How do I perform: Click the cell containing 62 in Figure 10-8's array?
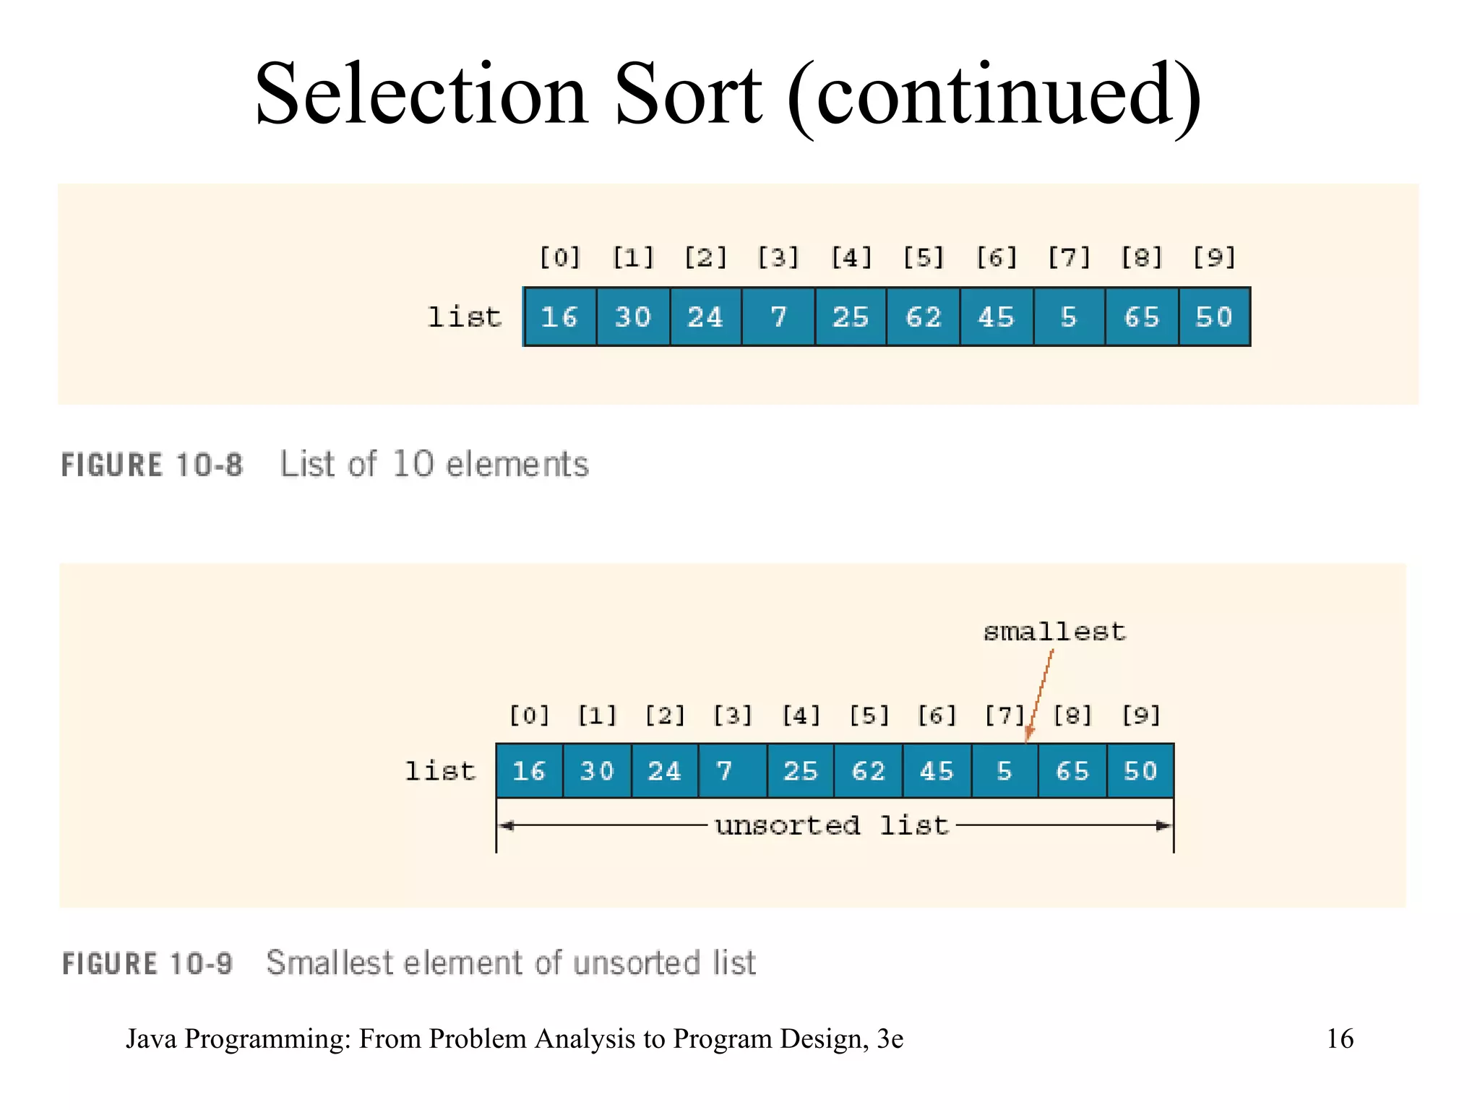tap(923, 317)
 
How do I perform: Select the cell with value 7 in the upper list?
tap(778, 317)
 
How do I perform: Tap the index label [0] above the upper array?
tap(560, 257)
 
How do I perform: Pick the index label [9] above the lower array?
tap(1140, 715)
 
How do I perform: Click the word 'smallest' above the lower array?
tap(1054, 632)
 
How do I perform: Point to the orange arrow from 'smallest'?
tap(1041, 694)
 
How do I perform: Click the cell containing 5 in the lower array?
tap(1004, 770)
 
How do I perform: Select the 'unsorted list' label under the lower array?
tap(831, 825)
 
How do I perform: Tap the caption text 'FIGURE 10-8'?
tap(152, 465)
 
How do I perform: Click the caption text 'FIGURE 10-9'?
tap(147, 963)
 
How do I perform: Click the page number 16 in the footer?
tap(1340, 1038)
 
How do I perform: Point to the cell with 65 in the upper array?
tap(1141, 317)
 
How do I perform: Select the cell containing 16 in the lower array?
tap(529, 770)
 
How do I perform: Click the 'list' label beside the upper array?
tap(465, 317)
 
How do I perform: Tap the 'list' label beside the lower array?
tap(440, 770)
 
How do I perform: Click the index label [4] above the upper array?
tap(851, 257)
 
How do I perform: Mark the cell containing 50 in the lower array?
tap(1140, 770)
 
